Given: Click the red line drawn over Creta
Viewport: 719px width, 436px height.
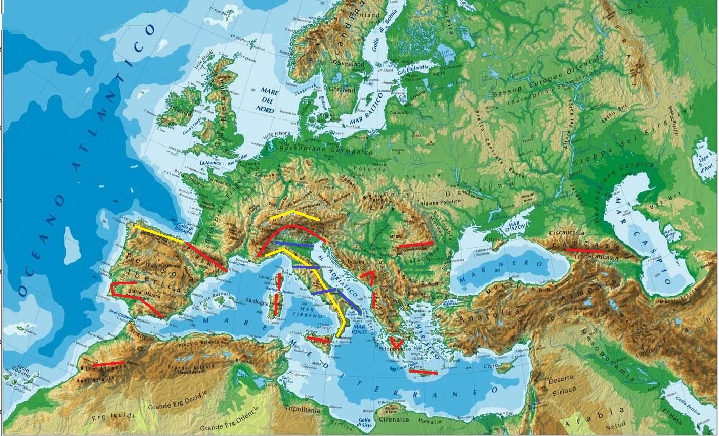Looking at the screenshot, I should pos(423,373).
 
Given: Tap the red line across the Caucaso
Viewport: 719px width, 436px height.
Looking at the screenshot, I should pos(585,250).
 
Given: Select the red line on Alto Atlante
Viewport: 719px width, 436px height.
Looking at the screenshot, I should pos(108,364).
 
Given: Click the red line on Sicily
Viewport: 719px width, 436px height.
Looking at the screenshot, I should pos(318,340).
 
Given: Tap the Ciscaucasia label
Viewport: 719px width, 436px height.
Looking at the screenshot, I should pos(567,233).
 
